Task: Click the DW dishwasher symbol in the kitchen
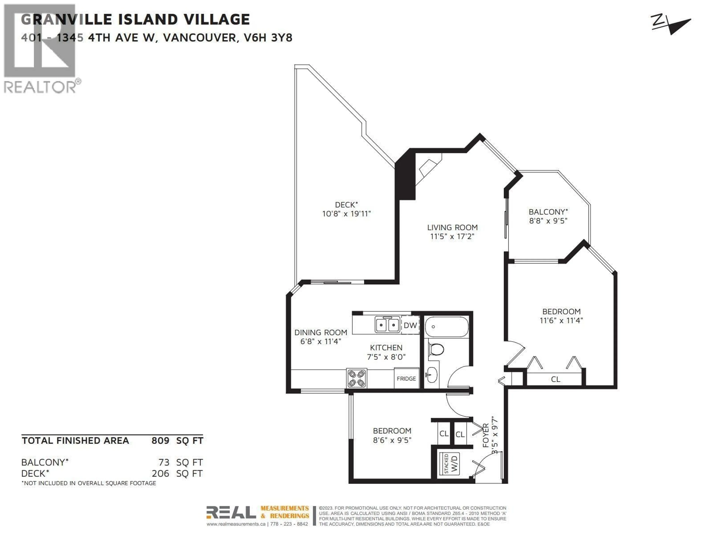pyautogui.click(x=410, y=325)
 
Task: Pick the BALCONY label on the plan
pyautogui.click(x=548, y=212)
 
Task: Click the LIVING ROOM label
pyautogui.click(x=452, y=227)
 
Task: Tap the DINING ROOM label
pyautogui.click(x=321, y=332)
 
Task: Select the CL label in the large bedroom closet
pyautogui.click(x=556, y=379)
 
